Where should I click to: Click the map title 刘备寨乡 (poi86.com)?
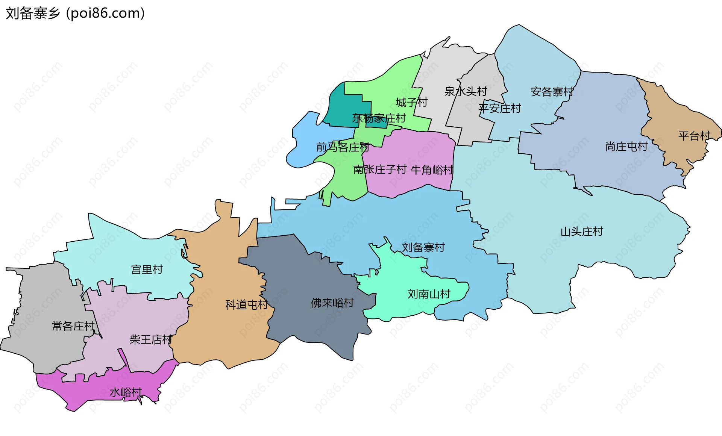(75, 13)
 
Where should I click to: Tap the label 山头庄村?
(581, 232)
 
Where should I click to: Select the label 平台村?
(694, 136)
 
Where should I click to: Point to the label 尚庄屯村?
(626, 147)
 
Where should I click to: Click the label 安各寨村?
(552, 92)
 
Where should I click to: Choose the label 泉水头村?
(466, 91)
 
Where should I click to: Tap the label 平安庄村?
(499, 109)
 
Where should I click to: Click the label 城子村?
(411, 102)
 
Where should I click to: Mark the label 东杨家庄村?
(379, 118)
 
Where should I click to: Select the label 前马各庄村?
(342, 147)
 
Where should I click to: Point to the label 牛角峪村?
(432, 170)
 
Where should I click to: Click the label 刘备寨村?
(423, 247)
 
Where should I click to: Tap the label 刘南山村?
(429, 294)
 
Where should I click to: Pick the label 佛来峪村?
(332, 303)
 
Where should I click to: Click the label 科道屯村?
(246, 304)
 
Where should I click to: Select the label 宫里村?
(147, 269)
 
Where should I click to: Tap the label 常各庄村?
(73, 326)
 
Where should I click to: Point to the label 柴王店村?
(151, 340)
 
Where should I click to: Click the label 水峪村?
(126, 392)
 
